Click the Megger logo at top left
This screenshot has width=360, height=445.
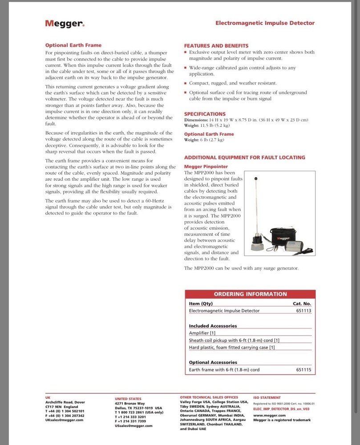coord(65,24)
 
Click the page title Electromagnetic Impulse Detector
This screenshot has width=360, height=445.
coord(265,23)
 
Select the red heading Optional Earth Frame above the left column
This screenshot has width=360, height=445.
coord(73,45)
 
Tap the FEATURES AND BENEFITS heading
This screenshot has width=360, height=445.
coord(216,45)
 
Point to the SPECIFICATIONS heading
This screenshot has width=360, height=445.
coord(205,114)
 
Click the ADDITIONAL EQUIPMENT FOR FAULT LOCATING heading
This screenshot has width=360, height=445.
coord(245,157)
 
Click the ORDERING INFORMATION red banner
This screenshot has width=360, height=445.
coord(250,294)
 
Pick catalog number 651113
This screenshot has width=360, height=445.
coord(303,311)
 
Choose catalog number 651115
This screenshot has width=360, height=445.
coord(303,370)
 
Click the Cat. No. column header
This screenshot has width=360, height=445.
coord(302,303)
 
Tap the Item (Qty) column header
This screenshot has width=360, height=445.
coord(201,303)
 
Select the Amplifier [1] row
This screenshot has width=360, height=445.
coord(202,333)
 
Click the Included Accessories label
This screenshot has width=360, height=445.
coord(213,326)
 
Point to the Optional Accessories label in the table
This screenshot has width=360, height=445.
coord(213,362)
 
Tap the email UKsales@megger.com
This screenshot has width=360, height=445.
coord(65,420)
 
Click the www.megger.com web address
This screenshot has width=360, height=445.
coord(269,415)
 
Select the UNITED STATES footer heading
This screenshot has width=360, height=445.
coord(129,399)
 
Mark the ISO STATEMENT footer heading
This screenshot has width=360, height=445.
coord(267,397)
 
